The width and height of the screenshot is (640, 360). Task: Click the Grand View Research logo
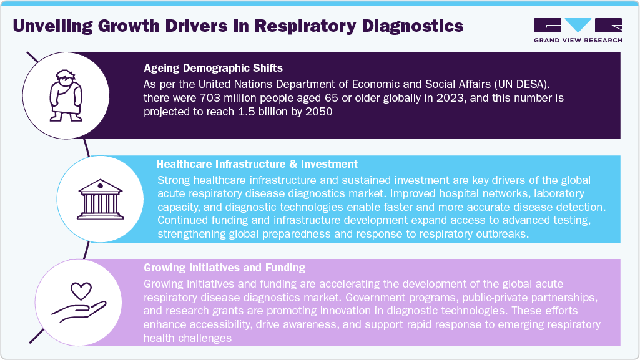578,30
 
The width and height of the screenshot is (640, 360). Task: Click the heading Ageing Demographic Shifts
212,68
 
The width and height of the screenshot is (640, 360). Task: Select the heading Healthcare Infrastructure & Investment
257,164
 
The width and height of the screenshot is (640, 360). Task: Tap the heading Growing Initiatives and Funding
224,268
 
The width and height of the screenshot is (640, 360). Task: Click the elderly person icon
66,97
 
